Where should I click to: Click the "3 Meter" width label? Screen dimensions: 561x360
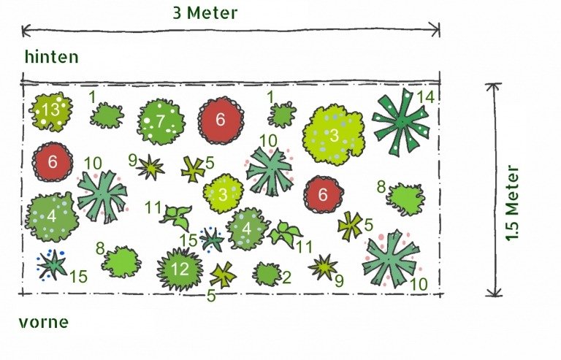pos(205,13)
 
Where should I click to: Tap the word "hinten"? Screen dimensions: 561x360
pos(52,57)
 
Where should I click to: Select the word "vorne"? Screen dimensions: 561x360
pos(43,322)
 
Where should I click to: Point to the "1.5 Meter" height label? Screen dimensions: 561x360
pos(512,203)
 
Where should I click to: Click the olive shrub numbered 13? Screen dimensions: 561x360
pos(50,111)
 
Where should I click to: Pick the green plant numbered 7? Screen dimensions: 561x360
pos(161,121)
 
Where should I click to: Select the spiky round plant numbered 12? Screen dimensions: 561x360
pos(179,269)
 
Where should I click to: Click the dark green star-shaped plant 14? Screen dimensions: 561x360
pos(401,121)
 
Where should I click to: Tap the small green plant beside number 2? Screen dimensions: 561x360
pos(267,275)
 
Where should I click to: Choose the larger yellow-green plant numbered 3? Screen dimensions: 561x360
pos(333,135)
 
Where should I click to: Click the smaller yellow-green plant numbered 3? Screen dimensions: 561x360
pos(224,194)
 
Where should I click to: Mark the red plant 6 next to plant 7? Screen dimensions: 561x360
pos(221,120)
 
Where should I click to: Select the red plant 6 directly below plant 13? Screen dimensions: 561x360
pos(53,162)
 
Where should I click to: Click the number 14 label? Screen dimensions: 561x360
pos(425,96)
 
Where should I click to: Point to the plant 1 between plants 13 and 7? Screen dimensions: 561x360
pos(107,115)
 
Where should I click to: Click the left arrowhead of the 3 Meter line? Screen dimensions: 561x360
pos(23,31)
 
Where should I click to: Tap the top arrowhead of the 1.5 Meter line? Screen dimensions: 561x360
pos(494,85)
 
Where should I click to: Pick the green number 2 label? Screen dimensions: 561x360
pos(286,277)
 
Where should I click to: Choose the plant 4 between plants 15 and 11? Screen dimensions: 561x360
pos(247,229)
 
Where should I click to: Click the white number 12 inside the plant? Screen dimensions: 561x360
pos(180,269)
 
